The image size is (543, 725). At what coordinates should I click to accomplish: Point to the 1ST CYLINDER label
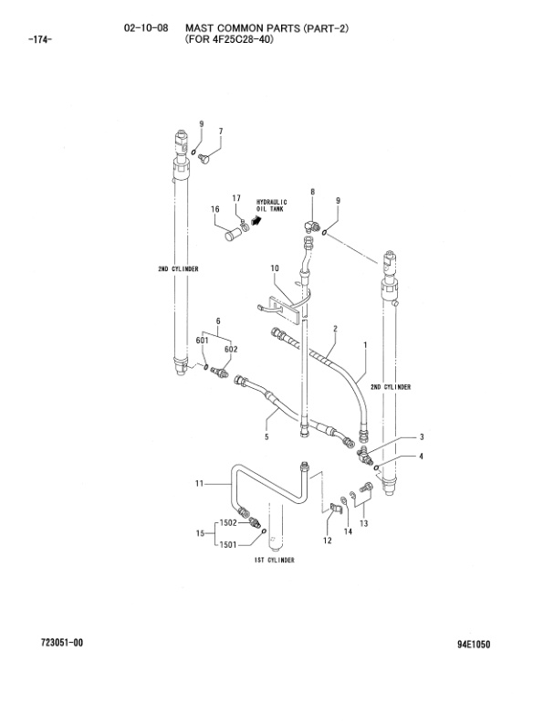click(274, 560)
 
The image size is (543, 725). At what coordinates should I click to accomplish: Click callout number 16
click(215, 210)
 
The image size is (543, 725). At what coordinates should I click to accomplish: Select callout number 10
click(274, 268)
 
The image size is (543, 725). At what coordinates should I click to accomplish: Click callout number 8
click(312, 191)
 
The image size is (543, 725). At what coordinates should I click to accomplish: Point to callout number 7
click(220, 131)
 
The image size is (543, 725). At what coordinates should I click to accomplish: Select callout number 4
click(421, 456)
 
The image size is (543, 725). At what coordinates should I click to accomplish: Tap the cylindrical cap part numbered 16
click(232, 236)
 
